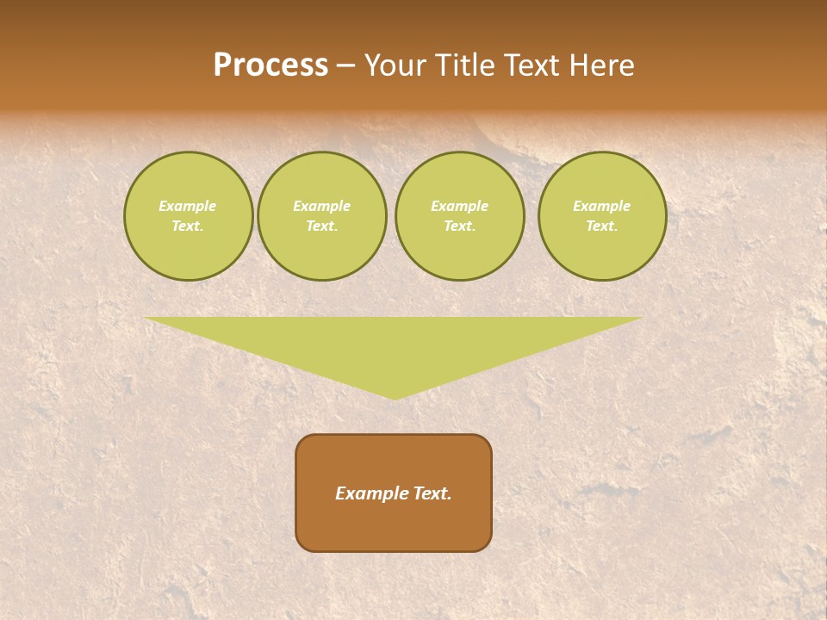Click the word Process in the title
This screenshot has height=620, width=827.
coord(270,65)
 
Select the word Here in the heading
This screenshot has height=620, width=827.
coord(603,65)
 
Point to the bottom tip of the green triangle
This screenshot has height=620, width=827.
coord(395,397)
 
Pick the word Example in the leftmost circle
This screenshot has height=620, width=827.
coord(188,206)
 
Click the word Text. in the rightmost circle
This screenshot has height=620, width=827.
coord(602,226)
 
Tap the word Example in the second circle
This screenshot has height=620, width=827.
coord(322,206)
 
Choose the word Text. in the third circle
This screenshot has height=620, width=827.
coord(460,226)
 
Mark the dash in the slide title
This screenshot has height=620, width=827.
coord(346,65)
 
